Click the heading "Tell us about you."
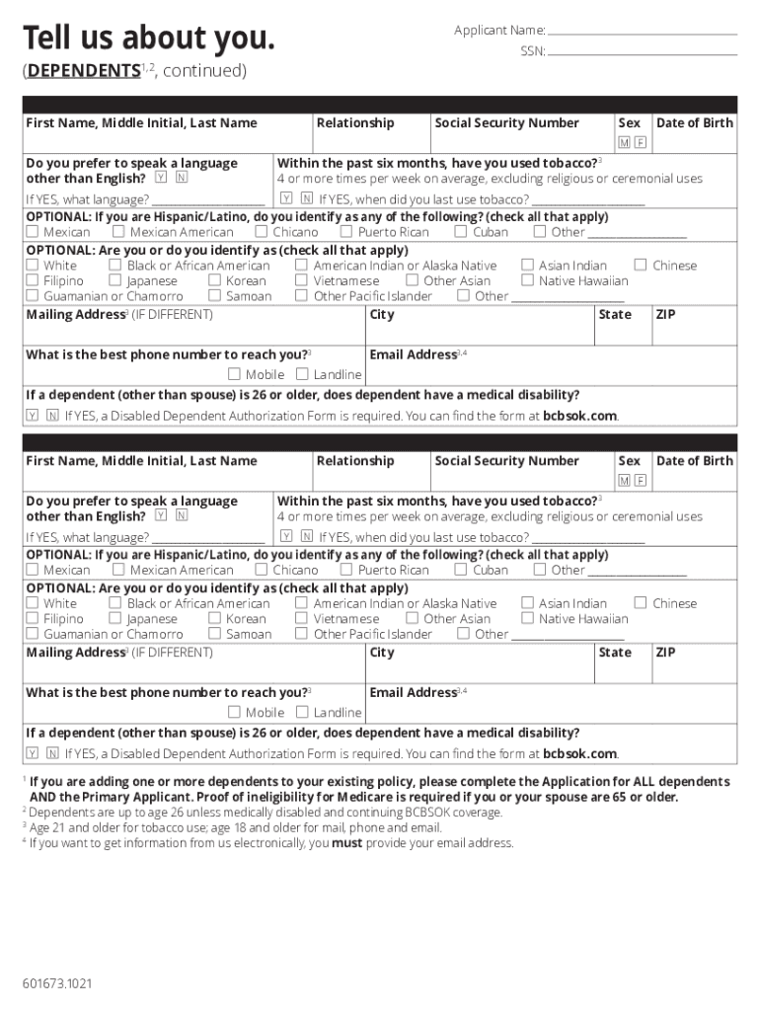pyautogui.click(x=149, y=39)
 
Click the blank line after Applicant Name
pyautogui.click(x=643, y=32)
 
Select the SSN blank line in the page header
pyautogui.click(x=643, y=51)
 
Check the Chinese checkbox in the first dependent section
pyautogui.click(x=641, y=265)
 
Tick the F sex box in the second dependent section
pyautogui.click(x=641, y=481)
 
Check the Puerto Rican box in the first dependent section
pyautogui.click(x=346, y=232)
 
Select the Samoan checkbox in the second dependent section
pyautogui.click(x=214, y=634)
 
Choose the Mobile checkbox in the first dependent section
pyautogui.click(x=234, y=374)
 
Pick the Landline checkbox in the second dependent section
pyautogui.click(x=303, y=712)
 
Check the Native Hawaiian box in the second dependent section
pyautogui.click(x=527, y=618)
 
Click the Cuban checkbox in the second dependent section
pyautogui.click(x=461, y=570)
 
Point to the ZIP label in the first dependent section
pyautogui.click(x=666, y=315)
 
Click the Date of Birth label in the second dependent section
pyautogui.click(x=695, y=461)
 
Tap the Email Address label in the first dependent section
pyautogui.click(x=413, y=354)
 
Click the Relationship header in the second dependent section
pyautogui.click(x=355, y=461)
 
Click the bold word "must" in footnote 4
pyautogui.click(x=346, y=843)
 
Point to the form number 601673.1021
pyautogui.click(x=59, y=983)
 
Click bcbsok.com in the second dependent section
pyautogui.click(x=579, y=754)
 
